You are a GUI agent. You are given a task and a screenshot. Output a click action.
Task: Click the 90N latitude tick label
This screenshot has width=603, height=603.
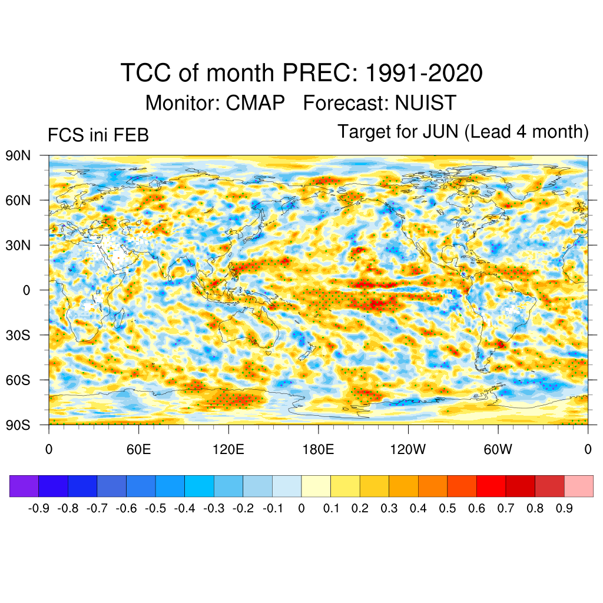(18, 155)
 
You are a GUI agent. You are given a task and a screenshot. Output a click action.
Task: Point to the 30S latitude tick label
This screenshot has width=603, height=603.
(18, 335)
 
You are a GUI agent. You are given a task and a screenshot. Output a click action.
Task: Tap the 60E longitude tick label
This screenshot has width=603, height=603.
(138, 450)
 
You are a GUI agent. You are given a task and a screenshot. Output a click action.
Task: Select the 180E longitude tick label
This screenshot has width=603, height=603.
(318, 450)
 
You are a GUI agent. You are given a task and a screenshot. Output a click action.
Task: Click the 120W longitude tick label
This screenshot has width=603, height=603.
(408, 450)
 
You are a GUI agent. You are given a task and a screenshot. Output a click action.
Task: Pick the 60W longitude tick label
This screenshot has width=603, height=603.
(498, 450)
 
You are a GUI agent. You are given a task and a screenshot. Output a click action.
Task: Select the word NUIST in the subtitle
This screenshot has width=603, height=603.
(425, 103)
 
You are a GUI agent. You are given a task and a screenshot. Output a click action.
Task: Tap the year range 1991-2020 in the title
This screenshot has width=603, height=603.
(425, 74)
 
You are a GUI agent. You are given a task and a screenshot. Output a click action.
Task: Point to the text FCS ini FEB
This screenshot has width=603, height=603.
(98, 135)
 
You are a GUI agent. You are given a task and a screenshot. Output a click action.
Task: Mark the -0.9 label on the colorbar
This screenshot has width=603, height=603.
(39, 508)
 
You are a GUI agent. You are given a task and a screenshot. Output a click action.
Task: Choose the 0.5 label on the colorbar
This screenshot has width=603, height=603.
(448, 508)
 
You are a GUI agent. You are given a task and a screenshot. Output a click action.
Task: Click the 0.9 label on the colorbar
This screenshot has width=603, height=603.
(564, 508)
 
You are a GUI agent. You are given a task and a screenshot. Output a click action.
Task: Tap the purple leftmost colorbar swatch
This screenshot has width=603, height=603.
(24, 486)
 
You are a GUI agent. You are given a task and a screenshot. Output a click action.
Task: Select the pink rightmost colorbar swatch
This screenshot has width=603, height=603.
(579, 486)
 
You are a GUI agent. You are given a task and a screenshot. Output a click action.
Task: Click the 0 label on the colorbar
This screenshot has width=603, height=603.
(301, 508)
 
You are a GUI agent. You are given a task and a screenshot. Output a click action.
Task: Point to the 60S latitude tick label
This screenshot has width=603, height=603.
(18, 380)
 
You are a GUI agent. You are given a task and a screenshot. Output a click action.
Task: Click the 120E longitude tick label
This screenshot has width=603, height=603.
(228, 450)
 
